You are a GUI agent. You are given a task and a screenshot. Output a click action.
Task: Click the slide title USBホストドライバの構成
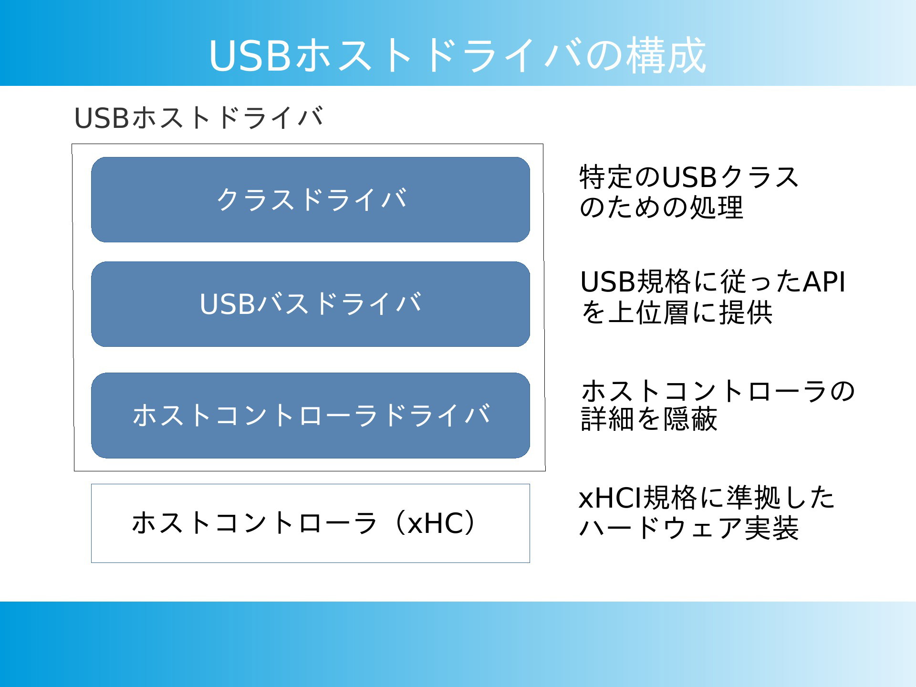click(x=457, y=55)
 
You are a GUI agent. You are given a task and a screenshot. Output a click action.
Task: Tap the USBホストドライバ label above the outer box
click(x=198, y=118)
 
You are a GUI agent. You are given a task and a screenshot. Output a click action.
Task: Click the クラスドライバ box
click(x=311, y=199)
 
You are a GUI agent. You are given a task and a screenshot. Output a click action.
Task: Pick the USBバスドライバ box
click(x=311, y=304)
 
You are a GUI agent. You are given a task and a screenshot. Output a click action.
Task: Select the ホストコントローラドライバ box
click(x=311, y=416)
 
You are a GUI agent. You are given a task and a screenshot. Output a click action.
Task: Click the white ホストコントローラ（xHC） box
click(x=311, y=523)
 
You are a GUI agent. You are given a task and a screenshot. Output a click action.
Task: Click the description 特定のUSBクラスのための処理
click(x=688, y=192)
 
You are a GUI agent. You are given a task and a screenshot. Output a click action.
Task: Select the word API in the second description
click(x=824, y=281)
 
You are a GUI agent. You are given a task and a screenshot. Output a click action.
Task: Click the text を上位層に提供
click(x=676, y=312)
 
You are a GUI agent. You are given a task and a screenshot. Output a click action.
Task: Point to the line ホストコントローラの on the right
click(x=718, y=391)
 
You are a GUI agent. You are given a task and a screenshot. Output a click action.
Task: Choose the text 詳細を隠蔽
click(x=649, y=419)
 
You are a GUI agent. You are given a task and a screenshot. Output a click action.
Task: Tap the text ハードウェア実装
click(x=688, y=528)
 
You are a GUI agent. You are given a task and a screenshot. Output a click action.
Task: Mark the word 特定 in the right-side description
click(x=606, y=177)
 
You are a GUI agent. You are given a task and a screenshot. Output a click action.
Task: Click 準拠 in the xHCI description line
click(x=753, y=498)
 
